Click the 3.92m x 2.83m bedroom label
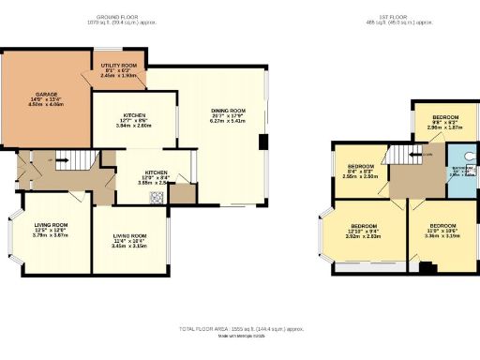tap(365, 232)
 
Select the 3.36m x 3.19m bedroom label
tap(442, 231)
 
